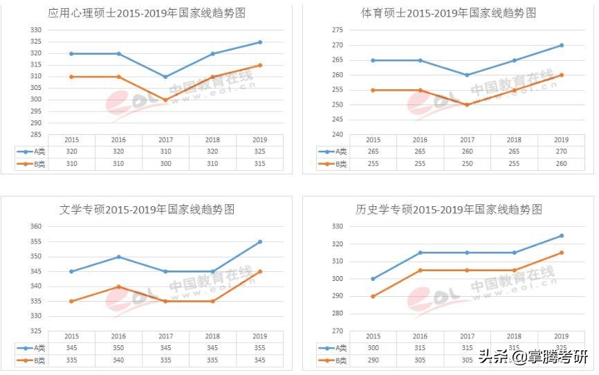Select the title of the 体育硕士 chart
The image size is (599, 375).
448,13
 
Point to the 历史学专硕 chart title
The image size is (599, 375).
448,209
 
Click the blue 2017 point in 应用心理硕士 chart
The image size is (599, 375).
165,77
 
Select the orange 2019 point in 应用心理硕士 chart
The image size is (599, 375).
260,65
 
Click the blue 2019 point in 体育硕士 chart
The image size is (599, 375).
561,46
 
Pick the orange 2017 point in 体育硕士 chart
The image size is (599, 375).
467,104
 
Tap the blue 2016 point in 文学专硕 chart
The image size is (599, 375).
118,257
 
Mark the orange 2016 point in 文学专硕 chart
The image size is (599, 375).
118,286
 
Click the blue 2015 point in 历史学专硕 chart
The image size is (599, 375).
373,279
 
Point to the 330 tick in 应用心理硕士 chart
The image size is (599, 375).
35,30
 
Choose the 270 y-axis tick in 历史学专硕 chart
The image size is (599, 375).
337,331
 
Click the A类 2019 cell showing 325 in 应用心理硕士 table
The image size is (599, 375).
260,152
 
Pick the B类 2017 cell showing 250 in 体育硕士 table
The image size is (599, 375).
467,164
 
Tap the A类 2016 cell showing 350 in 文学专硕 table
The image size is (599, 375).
118,348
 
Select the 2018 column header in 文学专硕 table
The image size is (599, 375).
212,336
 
